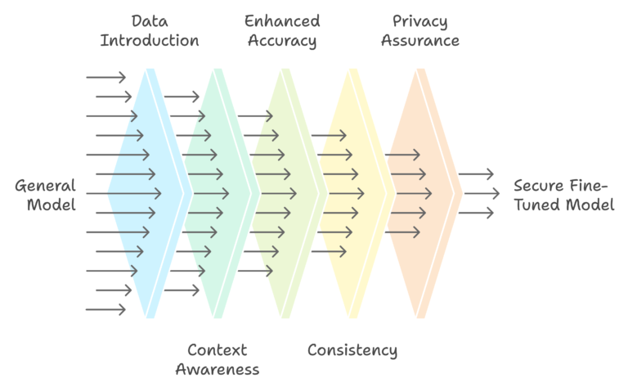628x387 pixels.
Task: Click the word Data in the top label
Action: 149,20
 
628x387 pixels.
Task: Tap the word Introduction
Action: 149,40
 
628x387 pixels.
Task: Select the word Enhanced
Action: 282,20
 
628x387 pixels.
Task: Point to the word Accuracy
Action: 282,40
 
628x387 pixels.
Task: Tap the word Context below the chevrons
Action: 217,349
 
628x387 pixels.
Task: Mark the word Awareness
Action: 217,370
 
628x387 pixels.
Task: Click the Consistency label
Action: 352,350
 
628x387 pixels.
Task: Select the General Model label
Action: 45,194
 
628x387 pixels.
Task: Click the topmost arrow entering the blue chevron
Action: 105,78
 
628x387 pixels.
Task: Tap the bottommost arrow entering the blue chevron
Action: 105,309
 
